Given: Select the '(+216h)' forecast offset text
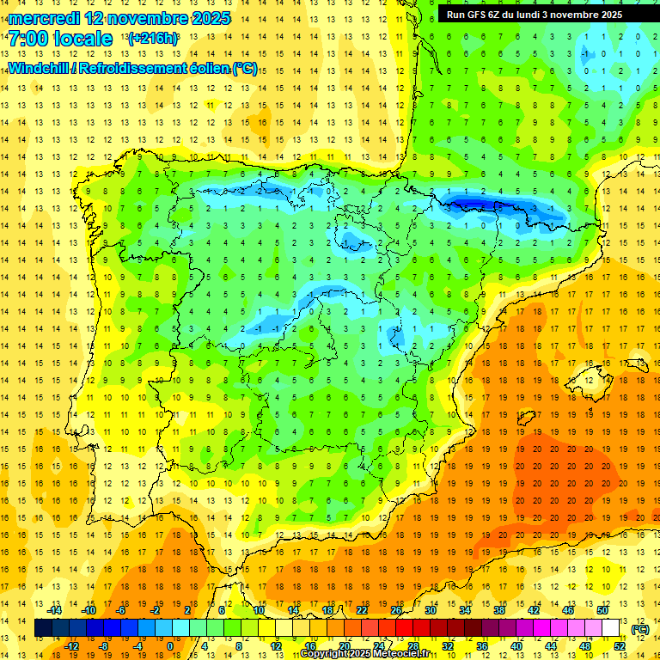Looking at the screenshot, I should pyautogui.click(x=153, y=39).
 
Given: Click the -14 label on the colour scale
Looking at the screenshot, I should pyautogui.click(x=56, y=609).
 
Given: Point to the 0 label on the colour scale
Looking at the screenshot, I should pyautogui.click(x=169, y=646).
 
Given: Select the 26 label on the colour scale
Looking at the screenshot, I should pyautogui.click(x=396, y=609).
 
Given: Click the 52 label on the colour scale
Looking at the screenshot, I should pyautogui.click(x=620, y=646).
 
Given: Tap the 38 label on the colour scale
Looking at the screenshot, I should pyautogui.click(x=498, y=609).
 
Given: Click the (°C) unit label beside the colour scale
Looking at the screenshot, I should pyautogui.click(x=639, y=629).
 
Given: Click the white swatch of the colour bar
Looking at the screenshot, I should pyautogui.click(x=610, y=628).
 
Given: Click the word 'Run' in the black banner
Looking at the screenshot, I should pyautogui.click(x=456, y=15).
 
